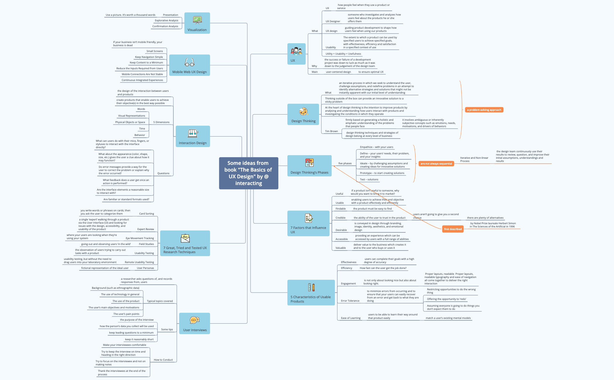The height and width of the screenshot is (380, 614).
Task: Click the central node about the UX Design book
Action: click(249, 173)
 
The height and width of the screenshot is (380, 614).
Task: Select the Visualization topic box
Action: click(197, 23)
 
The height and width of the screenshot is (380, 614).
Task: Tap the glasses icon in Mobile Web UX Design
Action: click(189, 62)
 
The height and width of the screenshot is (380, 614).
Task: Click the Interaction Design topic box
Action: click(193, 136)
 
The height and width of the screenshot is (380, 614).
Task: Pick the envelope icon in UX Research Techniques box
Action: click(185, 239)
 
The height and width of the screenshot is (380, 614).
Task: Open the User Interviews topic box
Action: click(194, 323)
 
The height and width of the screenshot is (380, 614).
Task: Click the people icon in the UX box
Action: click(296, 51)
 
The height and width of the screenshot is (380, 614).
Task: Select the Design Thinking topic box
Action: click(303, 114)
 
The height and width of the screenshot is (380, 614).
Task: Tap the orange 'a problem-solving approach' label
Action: click(484, 110)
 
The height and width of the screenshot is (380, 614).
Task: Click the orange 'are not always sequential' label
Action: click(436, 164)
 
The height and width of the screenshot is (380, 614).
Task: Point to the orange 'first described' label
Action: click(453, 229)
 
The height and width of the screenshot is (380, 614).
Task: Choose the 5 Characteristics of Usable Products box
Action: click(311, 293)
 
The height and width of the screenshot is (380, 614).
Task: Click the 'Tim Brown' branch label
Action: click(331, 131)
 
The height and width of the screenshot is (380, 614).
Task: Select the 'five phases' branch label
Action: click(345, 163)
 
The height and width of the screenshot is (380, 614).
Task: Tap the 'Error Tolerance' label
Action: click(350, 301)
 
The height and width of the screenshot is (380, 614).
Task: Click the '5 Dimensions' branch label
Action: click(161, 122)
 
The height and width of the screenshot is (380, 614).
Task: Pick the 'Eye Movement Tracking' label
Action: click(140, 238)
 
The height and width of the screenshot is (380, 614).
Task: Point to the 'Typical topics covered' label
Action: click(160, 301)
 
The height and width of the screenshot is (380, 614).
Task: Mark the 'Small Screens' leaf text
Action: click(155, 51)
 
